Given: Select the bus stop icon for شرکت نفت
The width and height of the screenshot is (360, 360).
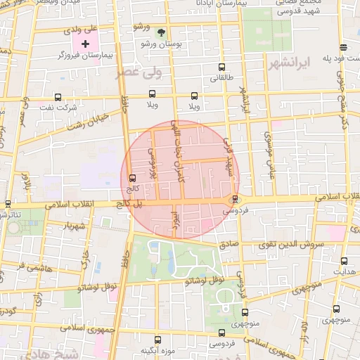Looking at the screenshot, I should point(58,98).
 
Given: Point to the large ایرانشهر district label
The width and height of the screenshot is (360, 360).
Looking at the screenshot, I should point(289,64).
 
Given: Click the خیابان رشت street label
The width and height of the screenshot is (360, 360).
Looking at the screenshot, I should point(88,122).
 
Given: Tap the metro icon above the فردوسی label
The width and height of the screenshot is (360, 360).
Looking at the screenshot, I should point(236,199).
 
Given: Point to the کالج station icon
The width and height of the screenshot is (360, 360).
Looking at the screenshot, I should point(133,177).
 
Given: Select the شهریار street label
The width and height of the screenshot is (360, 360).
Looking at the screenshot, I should point(73,226).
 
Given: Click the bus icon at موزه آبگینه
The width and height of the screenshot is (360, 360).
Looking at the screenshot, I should point(157,339).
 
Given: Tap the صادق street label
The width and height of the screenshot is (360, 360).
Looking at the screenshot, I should point(229,245).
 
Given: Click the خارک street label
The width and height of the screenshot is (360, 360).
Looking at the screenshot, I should point(87,261).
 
